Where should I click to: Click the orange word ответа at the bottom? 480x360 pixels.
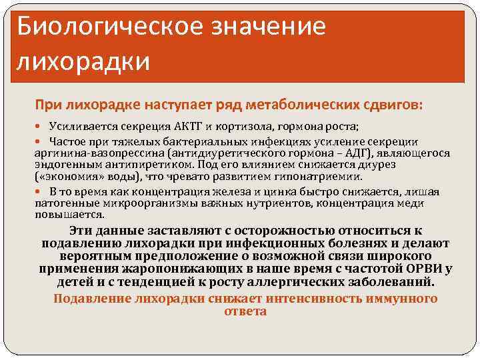[245, 311]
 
